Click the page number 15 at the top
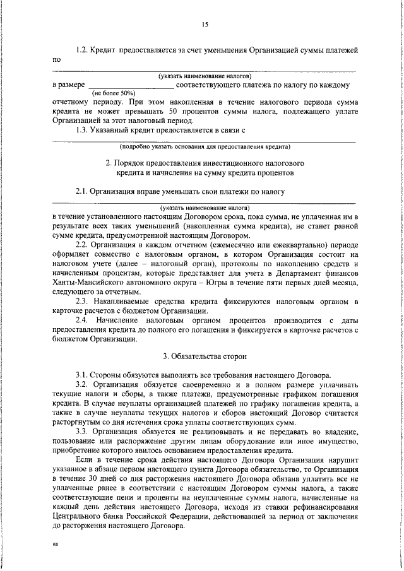205,25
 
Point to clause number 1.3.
81,129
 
